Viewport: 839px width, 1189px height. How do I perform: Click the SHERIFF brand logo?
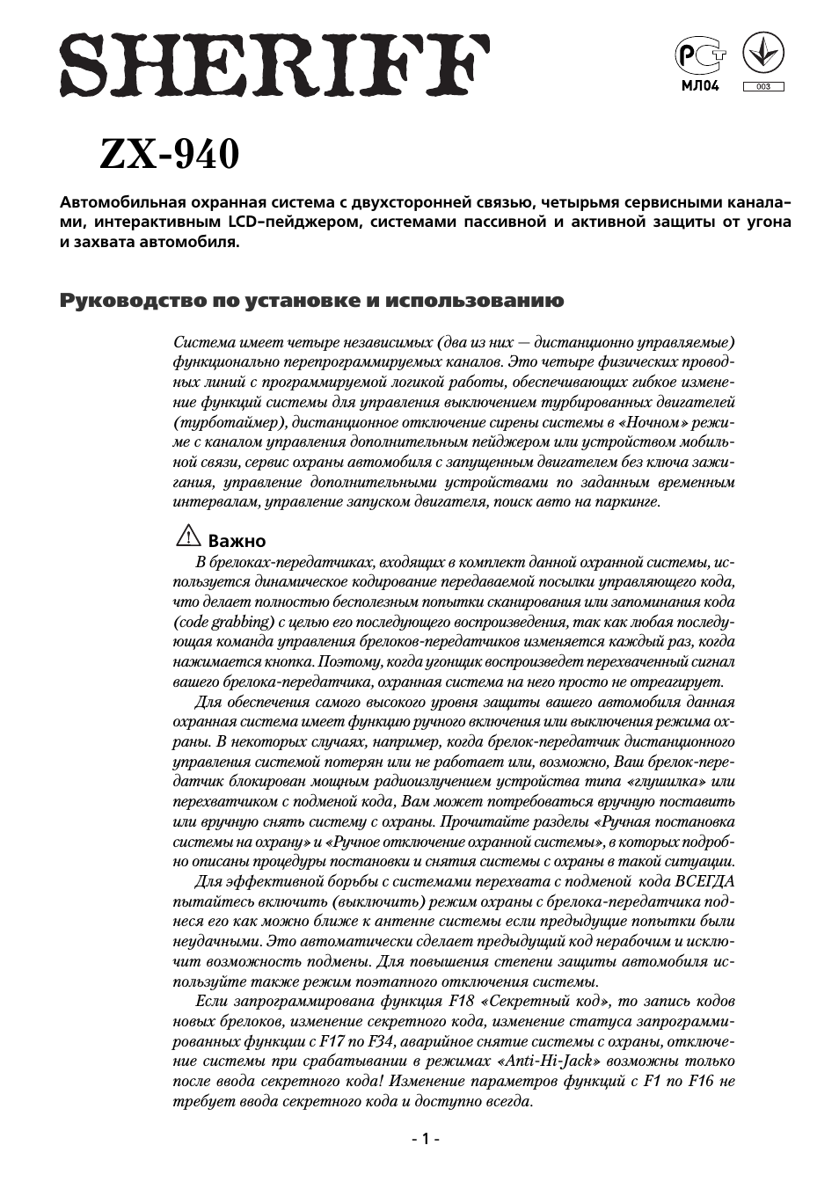(x=275, y=66)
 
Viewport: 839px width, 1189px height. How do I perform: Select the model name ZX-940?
(x=169, y=156)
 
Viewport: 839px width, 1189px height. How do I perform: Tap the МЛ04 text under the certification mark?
(x=700, y=86)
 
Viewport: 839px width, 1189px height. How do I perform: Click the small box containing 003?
(x=763, y=86)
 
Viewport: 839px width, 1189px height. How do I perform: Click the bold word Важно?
(x=237, y=541)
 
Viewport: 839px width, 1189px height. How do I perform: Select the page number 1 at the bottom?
(x=426, y=1139)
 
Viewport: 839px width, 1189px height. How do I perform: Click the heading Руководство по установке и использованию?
(x=311, y=301)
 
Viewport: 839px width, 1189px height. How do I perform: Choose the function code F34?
(x=379, y=1041)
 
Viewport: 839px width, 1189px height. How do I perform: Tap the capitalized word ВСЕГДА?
(x=704, y=881)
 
